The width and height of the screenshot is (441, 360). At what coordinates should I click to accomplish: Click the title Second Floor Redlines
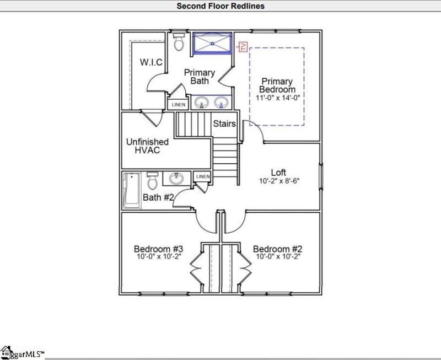(220, 6)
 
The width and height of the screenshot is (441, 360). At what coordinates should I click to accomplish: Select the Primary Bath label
(200, 77)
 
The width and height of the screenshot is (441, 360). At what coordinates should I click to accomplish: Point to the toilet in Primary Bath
(178, 42)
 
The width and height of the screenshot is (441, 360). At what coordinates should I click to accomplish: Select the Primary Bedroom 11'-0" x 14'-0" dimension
(278, 98)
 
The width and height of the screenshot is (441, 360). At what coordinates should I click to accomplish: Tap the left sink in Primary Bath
(202, 103)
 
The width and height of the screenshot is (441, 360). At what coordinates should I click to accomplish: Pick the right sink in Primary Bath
(221, 103)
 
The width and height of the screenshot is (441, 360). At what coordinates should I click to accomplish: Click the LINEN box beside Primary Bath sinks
(178, 104)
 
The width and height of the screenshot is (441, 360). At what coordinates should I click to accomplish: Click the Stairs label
(224, 124)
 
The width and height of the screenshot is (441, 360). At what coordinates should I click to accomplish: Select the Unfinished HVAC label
(147, 146)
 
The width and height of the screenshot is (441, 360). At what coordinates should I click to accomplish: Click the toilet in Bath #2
(153, 180)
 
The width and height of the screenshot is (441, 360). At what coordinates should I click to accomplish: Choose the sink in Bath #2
(177, 179)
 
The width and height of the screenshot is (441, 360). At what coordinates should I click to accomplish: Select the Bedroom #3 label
(158, 249)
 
